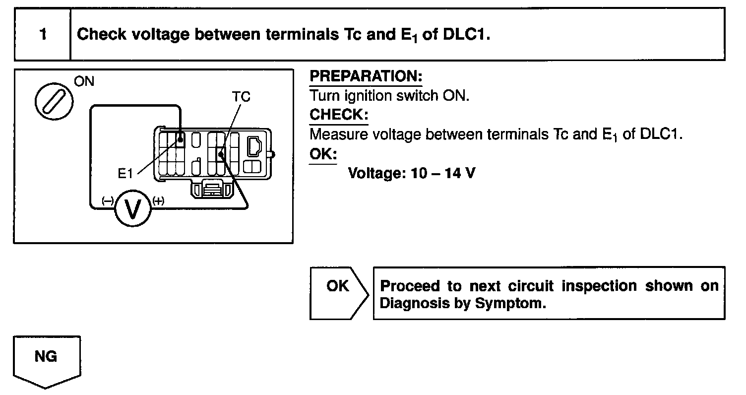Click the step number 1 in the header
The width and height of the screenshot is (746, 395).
(x=43, y=35)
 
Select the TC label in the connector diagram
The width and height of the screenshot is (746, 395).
(x=241, y=97)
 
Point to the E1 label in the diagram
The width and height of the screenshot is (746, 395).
(x=126, y=174)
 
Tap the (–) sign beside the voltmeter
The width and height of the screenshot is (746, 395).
(x=108, y=200)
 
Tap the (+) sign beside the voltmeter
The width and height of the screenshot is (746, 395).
(x=158, y=200)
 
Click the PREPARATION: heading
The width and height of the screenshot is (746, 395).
(x=366, y=77)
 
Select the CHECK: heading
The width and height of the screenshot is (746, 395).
(x=339, y=115)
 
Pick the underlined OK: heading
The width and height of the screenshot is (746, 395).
(x=323, y=153)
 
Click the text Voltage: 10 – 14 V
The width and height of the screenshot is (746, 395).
(x=412, y=173)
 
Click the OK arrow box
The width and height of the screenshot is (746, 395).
(x=339, y=293)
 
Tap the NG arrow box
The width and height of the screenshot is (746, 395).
(x=47, y=360)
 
